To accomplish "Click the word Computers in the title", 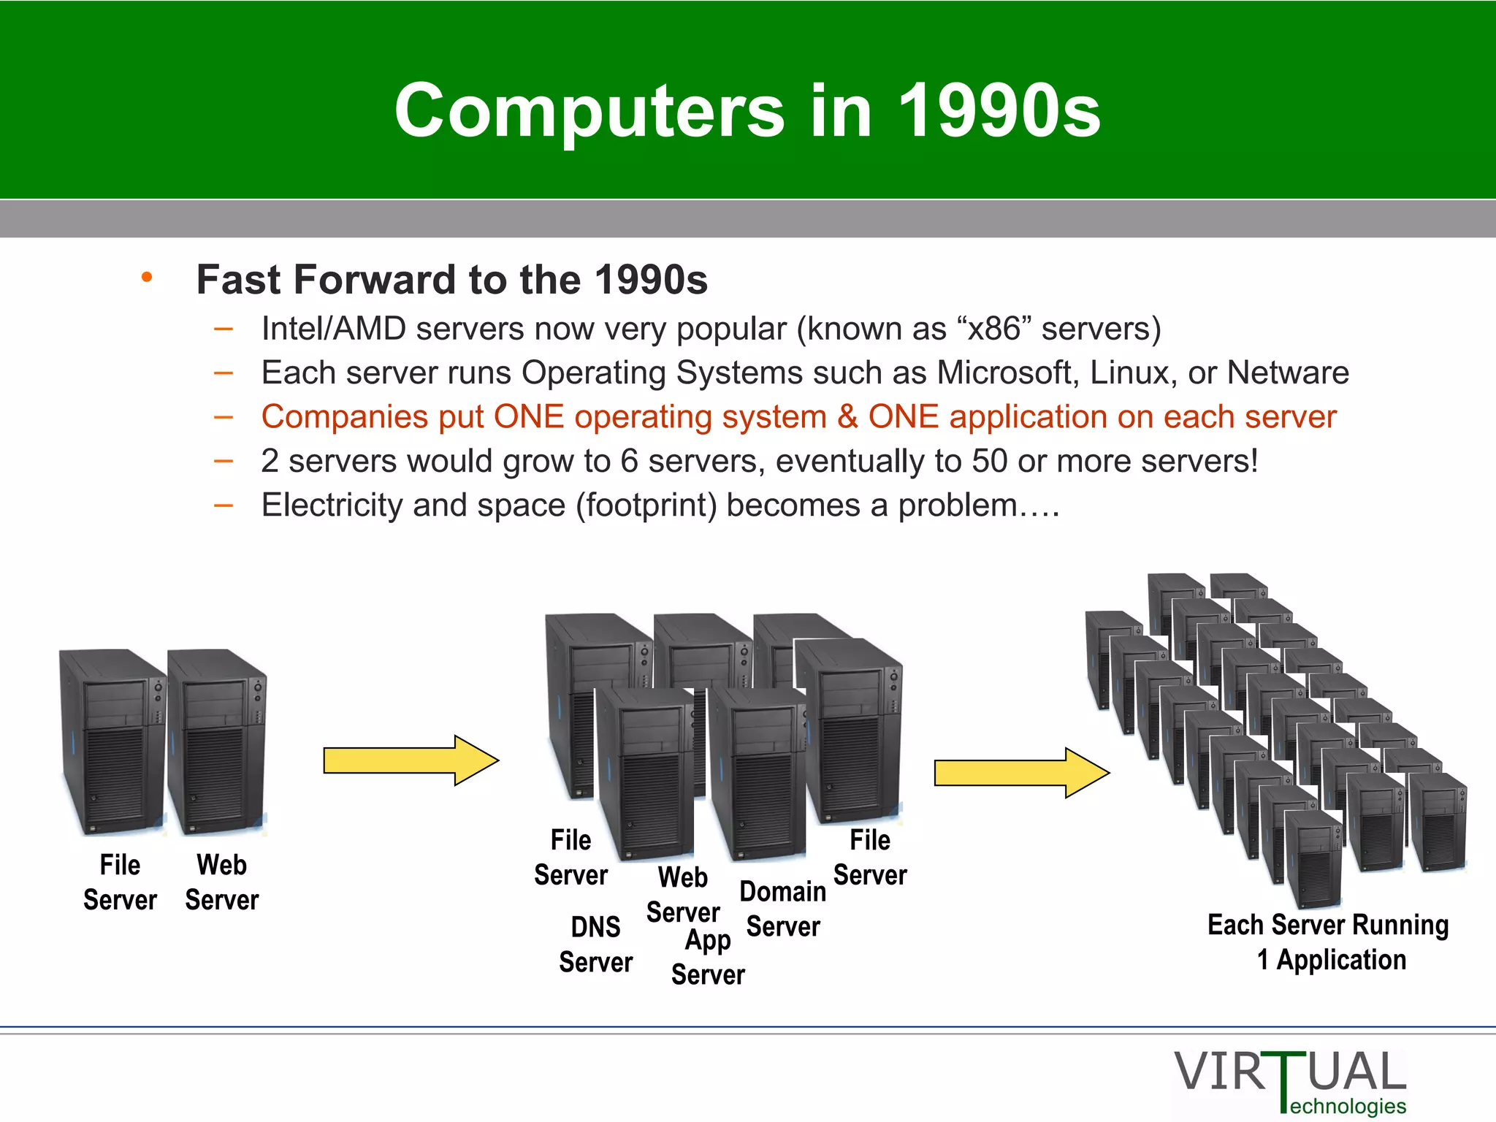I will coord(589,111).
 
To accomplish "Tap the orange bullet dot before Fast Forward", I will coord(147,277).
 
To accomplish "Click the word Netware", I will coord(1287,373).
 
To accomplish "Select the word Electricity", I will coord(332,505).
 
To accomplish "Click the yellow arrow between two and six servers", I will coord(411,760).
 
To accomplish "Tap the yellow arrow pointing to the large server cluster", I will coord(1021,773).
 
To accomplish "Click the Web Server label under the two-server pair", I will coord(222,882).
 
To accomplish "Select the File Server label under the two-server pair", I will coord(120,882).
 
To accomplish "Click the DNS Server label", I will coord(595,944).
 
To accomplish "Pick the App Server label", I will coord(708,957).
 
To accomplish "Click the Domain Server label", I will coord(783,909).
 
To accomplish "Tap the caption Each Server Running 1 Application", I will coord(1328,942).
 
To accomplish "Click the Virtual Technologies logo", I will coord(1290,1081).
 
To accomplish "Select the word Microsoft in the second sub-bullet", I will coord(1006,373).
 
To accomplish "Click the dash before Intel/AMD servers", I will coord(224,329).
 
